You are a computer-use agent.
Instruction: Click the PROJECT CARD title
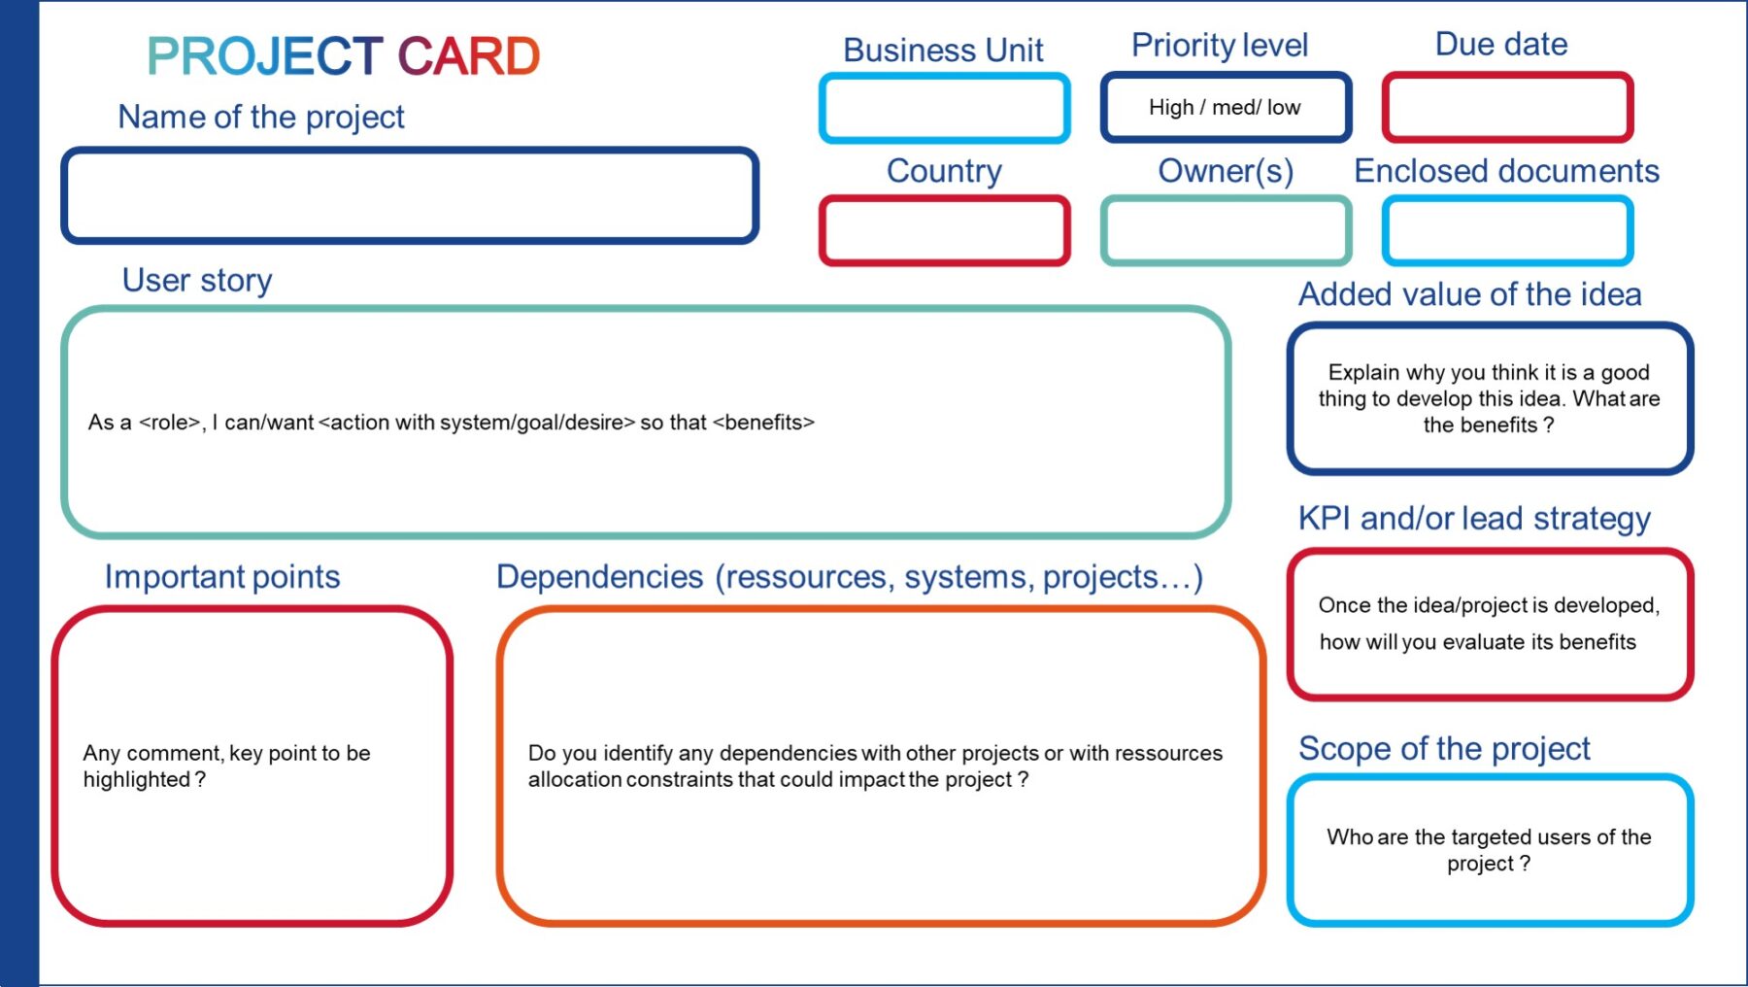pyautogui.click(x=343, y=56)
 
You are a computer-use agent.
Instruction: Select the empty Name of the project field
pyautogui.click(x=410, y=195)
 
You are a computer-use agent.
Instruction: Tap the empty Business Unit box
pyautogui.click(x=944, y=108)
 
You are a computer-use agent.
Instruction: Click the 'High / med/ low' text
pyautogui.click(x=1225, y=108)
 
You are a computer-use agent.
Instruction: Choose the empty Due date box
pyautogui.click(x=1507, y=107)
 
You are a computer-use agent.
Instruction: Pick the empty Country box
pyautogui.click(x=944, y=231)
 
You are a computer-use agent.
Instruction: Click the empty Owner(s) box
pyautogui.click(x=1226, y=231)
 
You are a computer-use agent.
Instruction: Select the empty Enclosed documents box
pyautogui.click(x=1507, y=231)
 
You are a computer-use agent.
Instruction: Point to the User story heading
pyautogui.click(x=197, y=280)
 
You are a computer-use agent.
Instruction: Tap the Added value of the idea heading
pyautogui.click(x=1469, y=294)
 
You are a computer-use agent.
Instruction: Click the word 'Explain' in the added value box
pyautogui.click(x=1363, y=373)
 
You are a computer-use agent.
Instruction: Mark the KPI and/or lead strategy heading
pyautogui.click(x=1474, y=519)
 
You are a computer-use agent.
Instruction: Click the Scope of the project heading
pyautogui.click(x=1444, y=749)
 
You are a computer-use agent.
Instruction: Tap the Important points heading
pyautogui.click(x=222, y=577)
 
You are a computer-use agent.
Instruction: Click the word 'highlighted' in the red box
pyautogui.click(x=137, y=780)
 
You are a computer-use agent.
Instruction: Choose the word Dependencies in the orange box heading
pyautogui.click(x=599, y=577)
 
